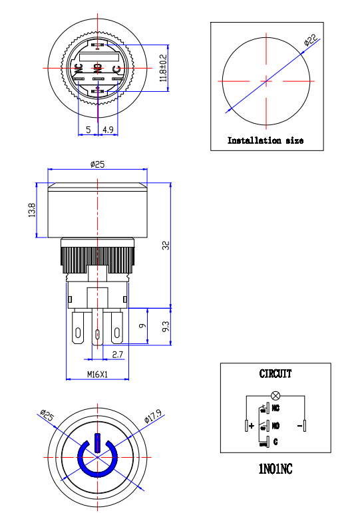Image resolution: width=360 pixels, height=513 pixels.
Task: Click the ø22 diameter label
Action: click(x=310, y=41)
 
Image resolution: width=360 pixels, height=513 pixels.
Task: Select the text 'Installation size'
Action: click(x=266, y=140)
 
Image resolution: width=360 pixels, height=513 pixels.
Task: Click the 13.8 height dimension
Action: click(x=31, y=210)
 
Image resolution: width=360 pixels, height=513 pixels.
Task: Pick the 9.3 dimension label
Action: click(x=166, y=327)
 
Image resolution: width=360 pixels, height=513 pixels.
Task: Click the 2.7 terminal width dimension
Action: click(x=117, y=355)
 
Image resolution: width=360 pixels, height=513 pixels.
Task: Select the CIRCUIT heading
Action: click(x=275, y=374)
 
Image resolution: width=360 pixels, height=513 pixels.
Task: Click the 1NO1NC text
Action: click(x=275, y=469)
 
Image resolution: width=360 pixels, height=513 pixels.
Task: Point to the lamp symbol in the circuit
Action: click(x=275, y=396)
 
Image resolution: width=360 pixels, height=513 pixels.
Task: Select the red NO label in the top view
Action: click(x=98, y=68)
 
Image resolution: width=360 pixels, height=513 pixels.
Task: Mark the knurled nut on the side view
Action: click(x=98, y=256)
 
